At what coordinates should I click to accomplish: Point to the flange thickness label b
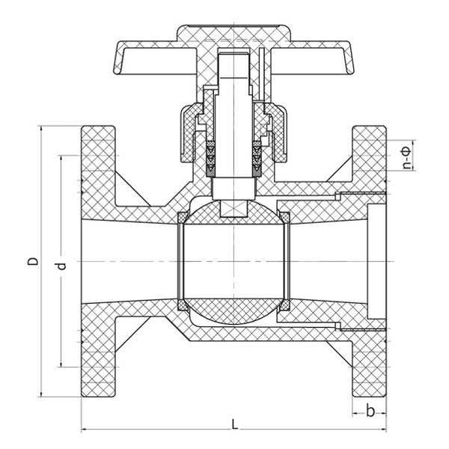coord(370,410)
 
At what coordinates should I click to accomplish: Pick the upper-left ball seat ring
coord(181,218)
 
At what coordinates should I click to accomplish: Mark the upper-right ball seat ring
coord(284,218)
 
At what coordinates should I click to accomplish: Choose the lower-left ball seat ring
coord(181,305)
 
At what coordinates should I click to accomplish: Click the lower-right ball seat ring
coord(284,305)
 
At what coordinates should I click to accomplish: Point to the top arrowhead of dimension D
coord(42,129)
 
